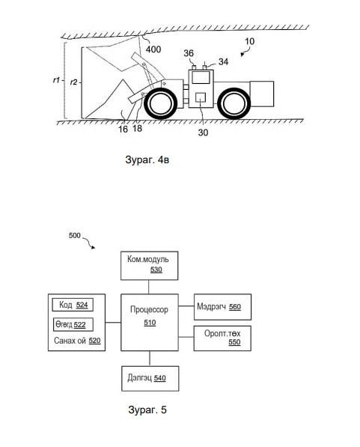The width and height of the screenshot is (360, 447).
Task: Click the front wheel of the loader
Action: [159, 104]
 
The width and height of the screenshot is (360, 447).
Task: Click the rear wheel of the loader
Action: [234, 104]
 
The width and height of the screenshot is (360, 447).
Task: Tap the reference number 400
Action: [153, 49]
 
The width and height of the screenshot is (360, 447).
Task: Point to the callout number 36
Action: [189, 53]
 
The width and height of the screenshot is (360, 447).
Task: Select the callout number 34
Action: [224, 61]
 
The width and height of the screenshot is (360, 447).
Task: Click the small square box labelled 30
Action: [201, 97]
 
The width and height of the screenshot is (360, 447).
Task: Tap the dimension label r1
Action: [56, 80]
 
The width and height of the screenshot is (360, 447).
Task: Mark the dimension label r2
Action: [73, 82]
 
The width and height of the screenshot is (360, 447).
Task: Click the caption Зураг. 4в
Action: [147, 159]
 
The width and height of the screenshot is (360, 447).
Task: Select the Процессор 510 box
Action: [150, 322]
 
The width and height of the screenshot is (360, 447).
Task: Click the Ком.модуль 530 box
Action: [150, 265]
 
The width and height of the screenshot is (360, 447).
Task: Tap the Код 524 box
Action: [73, 305]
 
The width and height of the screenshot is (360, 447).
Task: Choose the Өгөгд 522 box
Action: [73, 324]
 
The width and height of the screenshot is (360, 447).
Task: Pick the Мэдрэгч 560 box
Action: [222, 307]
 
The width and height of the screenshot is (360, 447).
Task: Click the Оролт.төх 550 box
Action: [222, 338]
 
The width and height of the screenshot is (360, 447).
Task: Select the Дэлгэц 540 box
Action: [150, 379]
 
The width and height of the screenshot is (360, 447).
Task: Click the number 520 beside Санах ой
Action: [94, 341]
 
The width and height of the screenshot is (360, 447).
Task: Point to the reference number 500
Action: [75, 235]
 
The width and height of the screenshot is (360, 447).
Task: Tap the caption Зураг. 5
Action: [147, 410]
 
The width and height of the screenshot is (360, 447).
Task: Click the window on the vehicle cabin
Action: [201, 77]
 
